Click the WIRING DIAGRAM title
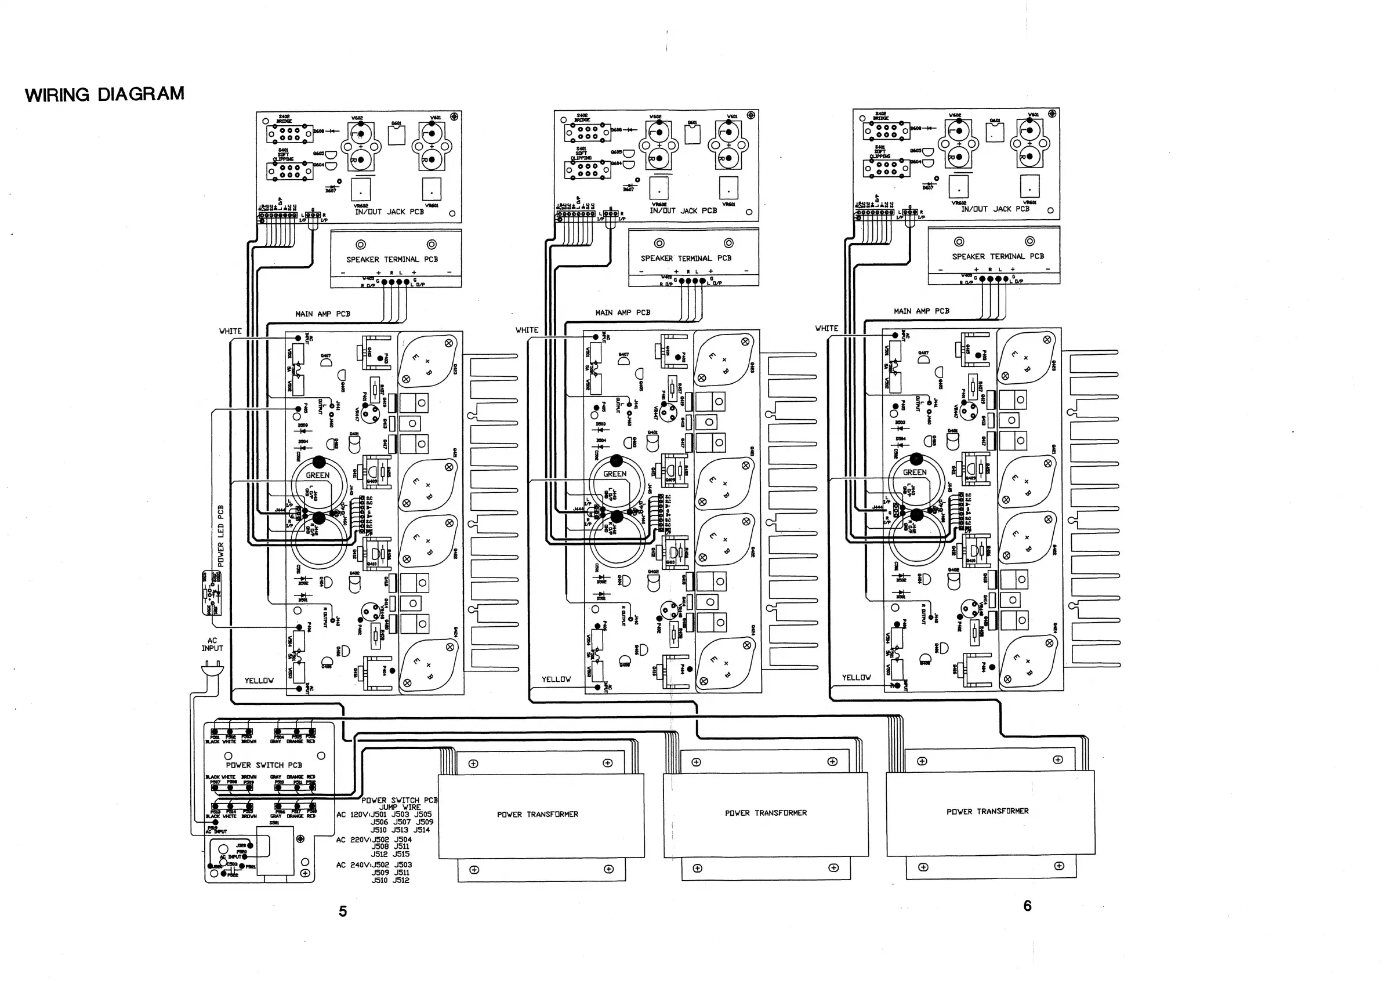104,95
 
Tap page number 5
343,911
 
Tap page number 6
1027,906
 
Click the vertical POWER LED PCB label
220,536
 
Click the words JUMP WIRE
400,807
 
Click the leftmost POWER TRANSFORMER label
537,814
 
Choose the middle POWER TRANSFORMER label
766,813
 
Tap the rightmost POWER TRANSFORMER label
987,811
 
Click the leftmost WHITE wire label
230,331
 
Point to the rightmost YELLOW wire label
856,677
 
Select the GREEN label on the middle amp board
615,474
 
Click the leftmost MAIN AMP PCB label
322,314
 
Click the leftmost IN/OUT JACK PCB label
389,212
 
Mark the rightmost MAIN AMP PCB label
921,311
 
